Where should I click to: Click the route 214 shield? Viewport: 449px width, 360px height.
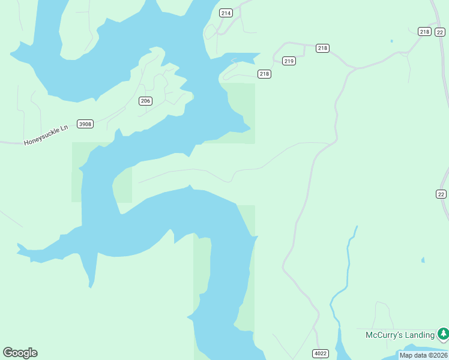click(226, 13)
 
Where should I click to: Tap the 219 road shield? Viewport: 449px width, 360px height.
click(289, 61)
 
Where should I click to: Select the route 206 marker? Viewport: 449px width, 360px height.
click(145, 101)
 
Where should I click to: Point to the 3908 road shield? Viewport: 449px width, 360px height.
click(85, 124)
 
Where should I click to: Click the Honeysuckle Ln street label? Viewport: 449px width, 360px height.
click(47, 135)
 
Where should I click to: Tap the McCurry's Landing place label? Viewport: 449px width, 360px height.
click(400, 335)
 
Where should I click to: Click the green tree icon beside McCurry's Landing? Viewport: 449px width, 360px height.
click(443, 333)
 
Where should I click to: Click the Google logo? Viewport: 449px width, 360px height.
click(20, 353)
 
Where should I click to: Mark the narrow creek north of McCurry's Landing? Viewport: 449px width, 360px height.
click(348, 264)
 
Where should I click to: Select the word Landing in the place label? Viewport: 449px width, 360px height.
click(420, 335)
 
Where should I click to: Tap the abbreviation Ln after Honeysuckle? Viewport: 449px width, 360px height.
click(65, 128)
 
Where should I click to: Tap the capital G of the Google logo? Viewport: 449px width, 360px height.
click(8, 352)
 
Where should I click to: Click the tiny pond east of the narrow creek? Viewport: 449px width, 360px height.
click(423, 260)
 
